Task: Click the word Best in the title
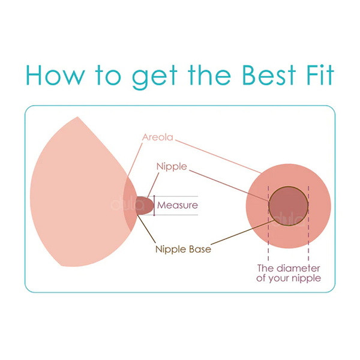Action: tap(269, 75)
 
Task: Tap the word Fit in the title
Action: tap(320, 75)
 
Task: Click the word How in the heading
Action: tap(56, 75)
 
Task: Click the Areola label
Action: tap(157, 137)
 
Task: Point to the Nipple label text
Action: tap(172, 166)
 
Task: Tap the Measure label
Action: tap(178, 205)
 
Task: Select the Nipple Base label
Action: tap(183, 250)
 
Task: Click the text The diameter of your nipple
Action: tap(289, 273)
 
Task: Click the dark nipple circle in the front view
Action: tap(289, 206)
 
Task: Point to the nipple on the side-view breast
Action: tap(145, 205)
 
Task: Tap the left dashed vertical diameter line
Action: tap(268, 223)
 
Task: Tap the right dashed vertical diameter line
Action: tap(308, 223)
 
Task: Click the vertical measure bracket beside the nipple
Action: tap(154, 205)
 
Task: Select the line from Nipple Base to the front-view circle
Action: tap(242, 232)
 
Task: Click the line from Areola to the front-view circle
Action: tap(218, 156)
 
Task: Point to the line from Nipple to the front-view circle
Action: tap(229, 186)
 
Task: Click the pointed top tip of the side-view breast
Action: tap(77, 117)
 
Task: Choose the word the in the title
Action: tap(209, 75)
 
